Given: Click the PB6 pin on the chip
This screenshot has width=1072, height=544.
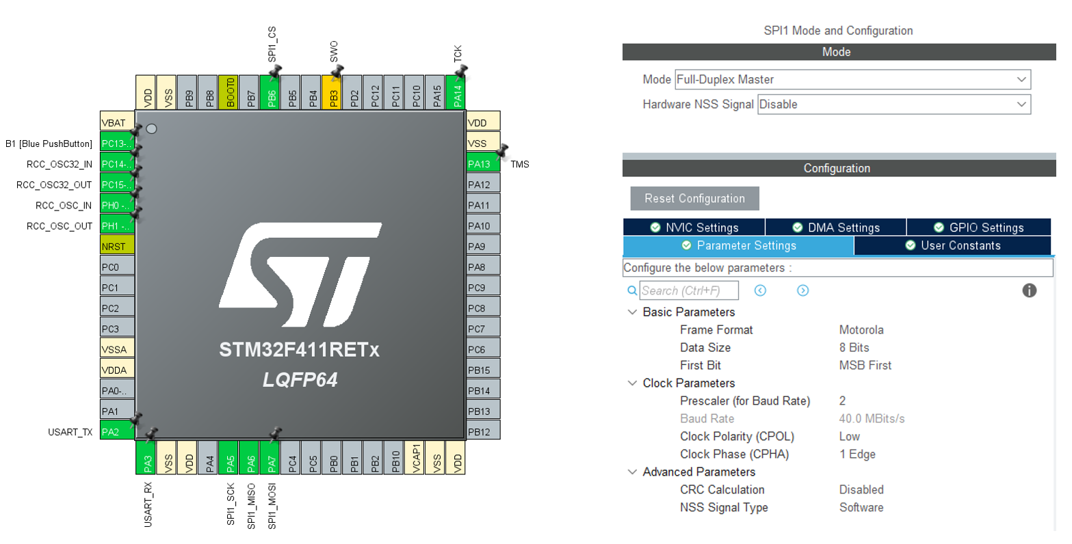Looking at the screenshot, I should coord(272,94).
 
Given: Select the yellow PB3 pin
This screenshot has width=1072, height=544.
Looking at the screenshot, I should coord(333,94).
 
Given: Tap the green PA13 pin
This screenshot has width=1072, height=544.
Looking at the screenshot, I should coord(483,163).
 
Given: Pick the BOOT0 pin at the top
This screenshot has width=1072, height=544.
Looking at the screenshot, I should coord(231,93).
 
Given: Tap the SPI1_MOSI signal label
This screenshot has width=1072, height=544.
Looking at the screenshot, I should coord(272,506).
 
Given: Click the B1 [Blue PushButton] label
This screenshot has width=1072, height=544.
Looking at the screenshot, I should coord(49,144).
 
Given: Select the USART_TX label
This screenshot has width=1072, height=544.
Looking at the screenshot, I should coord(70,432).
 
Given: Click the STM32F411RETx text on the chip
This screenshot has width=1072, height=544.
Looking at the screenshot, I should coord(299,350).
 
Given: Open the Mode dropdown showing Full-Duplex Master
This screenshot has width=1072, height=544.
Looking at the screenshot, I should coord(852,79).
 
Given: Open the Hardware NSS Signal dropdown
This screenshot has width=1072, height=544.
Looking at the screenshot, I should coord(893,105).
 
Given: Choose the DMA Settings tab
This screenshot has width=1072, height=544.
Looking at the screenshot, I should coord(835,228).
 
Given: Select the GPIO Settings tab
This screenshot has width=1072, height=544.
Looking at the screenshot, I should coord(978,228).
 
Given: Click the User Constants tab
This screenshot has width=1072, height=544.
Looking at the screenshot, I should coord(952,245).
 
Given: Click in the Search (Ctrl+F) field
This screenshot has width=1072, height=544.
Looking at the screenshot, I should coord(688,290).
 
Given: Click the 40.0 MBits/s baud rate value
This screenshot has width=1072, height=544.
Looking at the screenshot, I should coord(872,418).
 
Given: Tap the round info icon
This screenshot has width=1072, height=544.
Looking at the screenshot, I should coord(1029,290).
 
